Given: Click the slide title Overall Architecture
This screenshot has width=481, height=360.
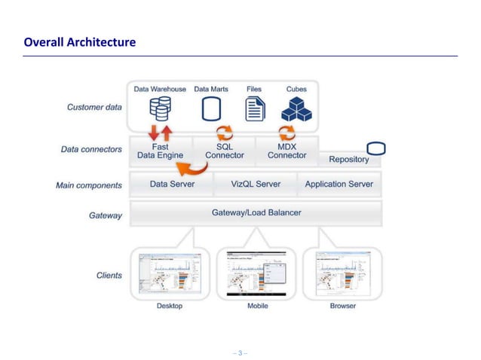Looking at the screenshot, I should [x=80, y=42].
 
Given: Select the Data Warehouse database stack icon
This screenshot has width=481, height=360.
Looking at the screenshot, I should [x=160, y=109].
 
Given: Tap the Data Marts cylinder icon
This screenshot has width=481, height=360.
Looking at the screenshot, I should [x=211, y=109].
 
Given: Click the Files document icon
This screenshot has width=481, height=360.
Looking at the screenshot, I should [x=255, y=109].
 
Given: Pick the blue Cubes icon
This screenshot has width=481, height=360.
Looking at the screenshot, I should [x=296, y=110].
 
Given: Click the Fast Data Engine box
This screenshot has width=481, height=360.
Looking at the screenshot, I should [x=160, y=151].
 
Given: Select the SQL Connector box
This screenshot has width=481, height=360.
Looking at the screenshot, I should [x=224, y=151].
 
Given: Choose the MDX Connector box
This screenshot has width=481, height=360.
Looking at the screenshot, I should [x=287, y=151].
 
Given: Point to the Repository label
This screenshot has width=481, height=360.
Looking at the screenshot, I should [x=349, y=159].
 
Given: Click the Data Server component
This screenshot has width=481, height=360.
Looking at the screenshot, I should [x=172, y=184].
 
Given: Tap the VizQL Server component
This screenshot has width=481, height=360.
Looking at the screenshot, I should [x=256, y=184].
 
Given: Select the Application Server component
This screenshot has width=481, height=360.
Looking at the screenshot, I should [x=339, y=184].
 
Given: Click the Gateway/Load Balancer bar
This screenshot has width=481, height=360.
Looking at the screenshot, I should [x=256, y=212].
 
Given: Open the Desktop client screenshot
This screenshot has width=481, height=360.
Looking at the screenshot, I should [x=169, y=274].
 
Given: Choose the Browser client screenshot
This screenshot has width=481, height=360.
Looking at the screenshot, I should [x=342, y=274].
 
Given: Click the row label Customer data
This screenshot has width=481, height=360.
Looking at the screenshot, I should [x=94, y=107].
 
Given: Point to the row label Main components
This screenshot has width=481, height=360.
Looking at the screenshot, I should [x=88, y=185].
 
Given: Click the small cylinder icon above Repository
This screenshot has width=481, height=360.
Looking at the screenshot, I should [x=375, y=147].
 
